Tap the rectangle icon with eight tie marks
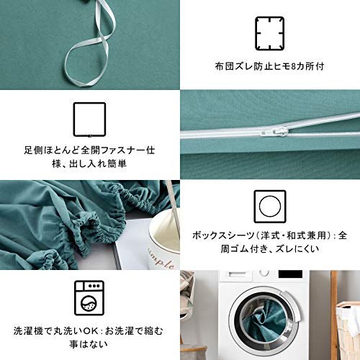click(x=270, y=34)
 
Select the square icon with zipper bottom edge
click(x=90, y=120)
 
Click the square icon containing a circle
click(x=270, y=207)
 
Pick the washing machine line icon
click(x=89, y=298)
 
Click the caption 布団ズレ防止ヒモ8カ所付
click(x=269, y=66)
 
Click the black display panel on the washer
click(x=290, y=274)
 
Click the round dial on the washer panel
click(x=264, y=273)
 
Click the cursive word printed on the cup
click(x=161, y=258)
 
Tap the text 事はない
click(x=89, y=344)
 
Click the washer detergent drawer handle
click(x=238, y=274)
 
